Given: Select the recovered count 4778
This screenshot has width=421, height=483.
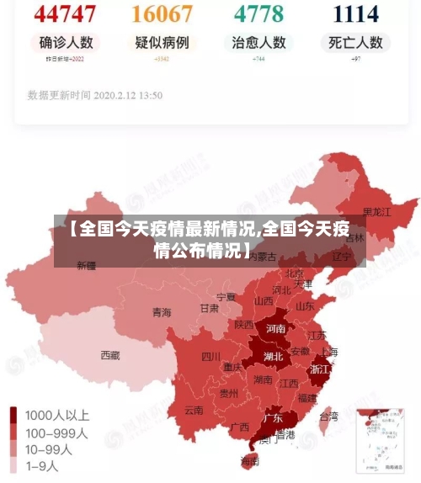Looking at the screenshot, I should (258, 13).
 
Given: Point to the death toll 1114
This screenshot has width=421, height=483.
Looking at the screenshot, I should (355, 13).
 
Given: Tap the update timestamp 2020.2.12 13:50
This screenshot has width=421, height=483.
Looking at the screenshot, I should (95, 95).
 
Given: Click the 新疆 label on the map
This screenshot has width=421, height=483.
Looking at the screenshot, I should (87, 265).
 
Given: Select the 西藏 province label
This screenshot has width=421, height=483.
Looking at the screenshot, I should (110, 355).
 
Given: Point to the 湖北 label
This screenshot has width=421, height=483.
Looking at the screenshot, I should (273, 356).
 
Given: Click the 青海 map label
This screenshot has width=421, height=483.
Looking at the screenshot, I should (162, 312).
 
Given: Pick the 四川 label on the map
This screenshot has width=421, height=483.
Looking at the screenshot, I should (210, 356).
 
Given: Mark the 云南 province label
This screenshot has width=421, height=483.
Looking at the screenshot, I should (194, 411).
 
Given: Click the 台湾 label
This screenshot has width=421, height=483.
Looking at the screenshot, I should (328, 416).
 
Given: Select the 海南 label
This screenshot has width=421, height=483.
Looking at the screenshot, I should (250, 460).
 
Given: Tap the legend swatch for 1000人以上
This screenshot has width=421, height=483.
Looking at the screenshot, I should (14, 415).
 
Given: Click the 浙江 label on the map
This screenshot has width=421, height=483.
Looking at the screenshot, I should (320, 369).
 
